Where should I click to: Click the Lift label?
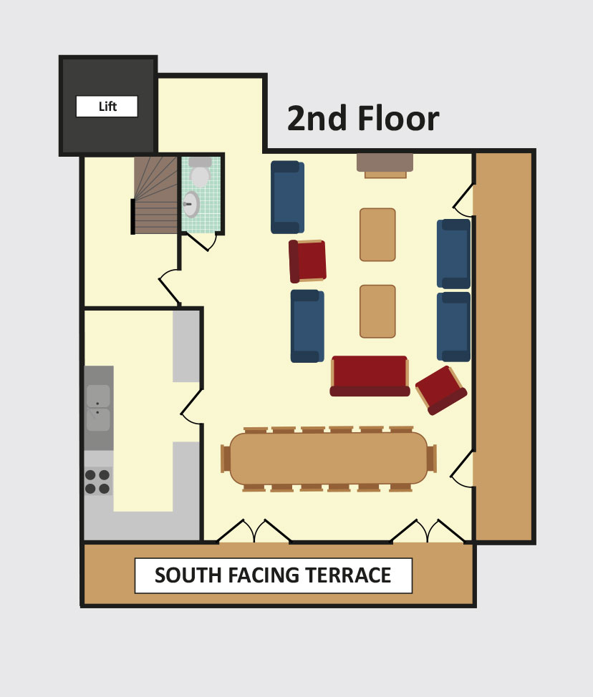tap(107, 106)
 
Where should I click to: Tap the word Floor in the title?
tap(398, 118)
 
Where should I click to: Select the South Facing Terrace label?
tap(273, 575)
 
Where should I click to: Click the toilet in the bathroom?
tap(200, 171)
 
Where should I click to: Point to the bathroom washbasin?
tap(191, 204)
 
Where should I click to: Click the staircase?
tap(155, 195)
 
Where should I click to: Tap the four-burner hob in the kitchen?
tap(97, 482)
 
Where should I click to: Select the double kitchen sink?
tap(98, 408)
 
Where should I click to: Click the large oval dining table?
tap(329, 458)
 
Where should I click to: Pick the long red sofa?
tap(370, 376)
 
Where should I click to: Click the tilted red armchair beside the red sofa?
tap(441, 390)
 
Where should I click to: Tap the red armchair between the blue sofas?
tap(307, 261)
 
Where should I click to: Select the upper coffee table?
tap(377, 234)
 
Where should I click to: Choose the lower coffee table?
tap(377, 311)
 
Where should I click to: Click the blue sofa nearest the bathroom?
tap(287, 197)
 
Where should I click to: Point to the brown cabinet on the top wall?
tap(385, 165)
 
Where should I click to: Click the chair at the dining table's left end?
tap(226, 458)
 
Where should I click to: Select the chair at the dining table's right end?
tap(432, 458)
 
